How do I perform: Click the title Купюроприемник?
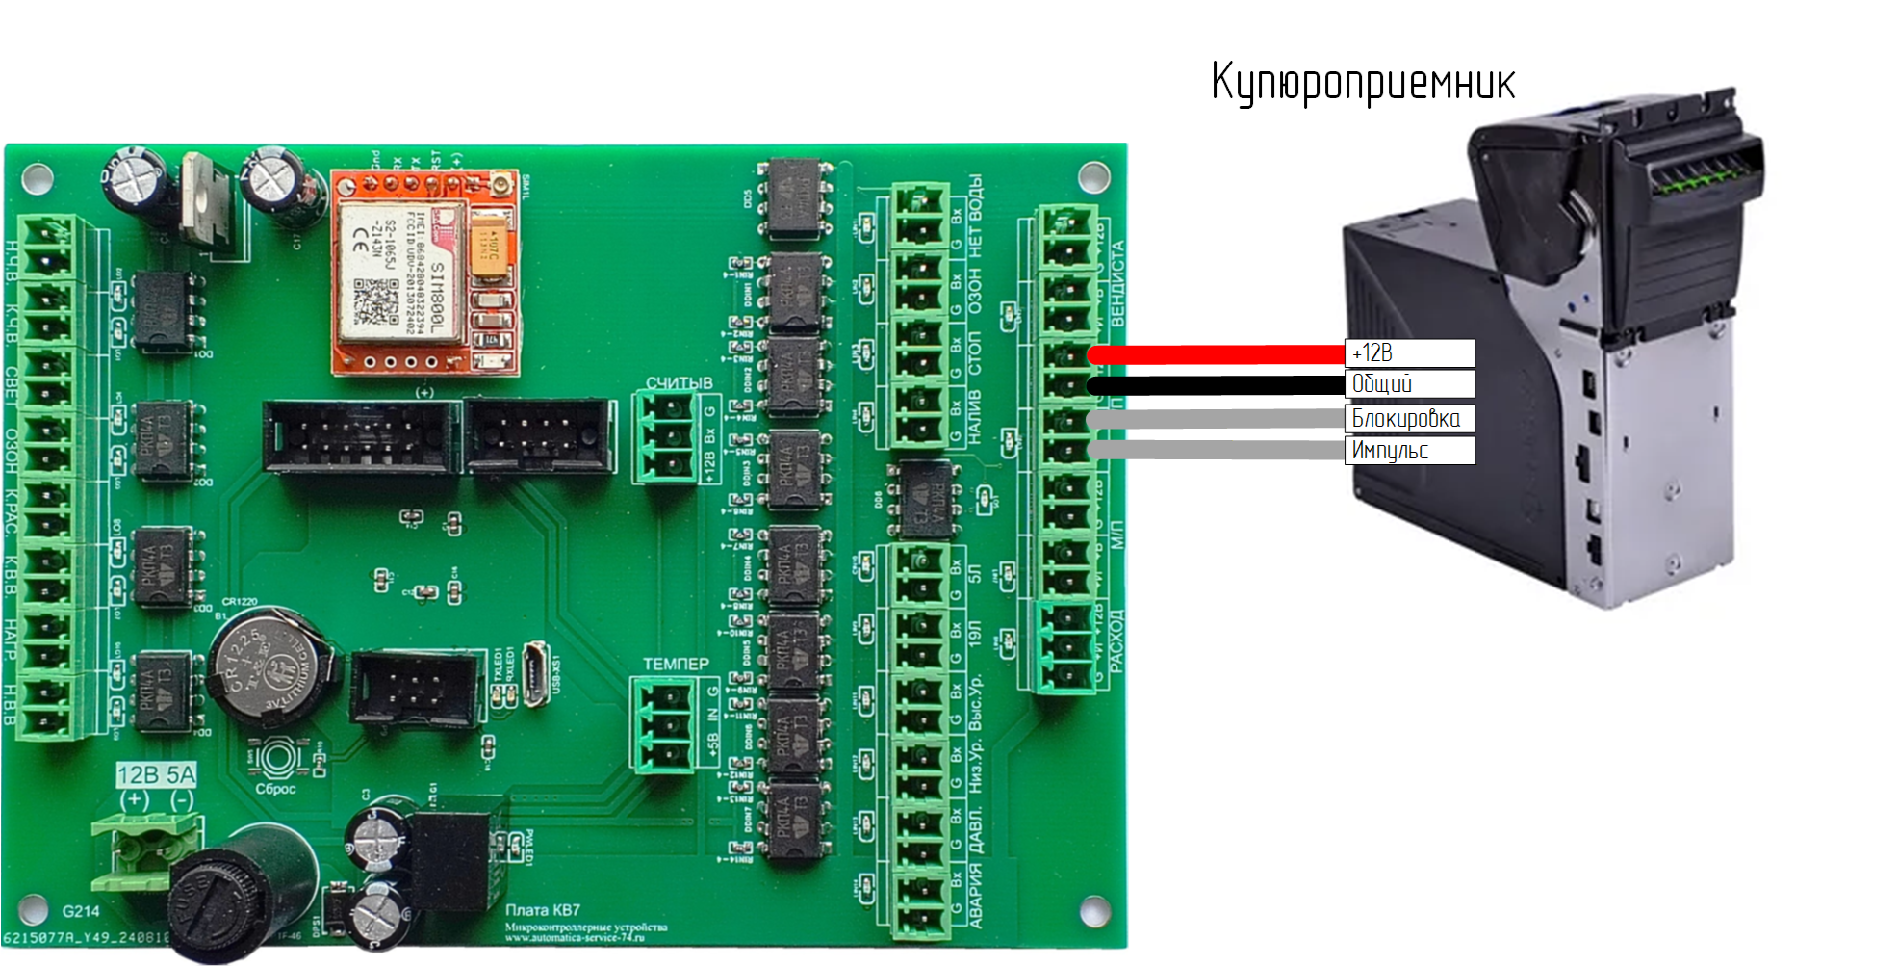pyautogui.click(x=1362, y=83)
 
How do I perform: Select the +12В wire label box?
pyautogui.click(x=1409, y=353)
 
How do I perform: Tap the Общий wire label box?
pyautogui.click(x=1409, y=384)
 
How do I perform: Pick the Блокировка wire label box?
pyautogui.click(x=1409, y=418)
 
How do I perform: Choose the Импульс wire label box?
pyautogui.click(x=1409, y=450)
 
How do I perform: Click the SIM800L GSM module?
pyautogui.click(x=423, y=273)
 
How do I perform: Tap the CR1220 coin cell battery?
pyautogui.click(x=269, y=666)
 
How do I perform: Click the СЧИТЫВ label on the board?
pyautogui.click(x=679, y=383)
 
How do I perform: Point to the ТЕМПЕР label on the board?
pyautogui.click(x=676, y=664)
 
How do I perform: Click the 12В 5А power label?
pyautogui.click(x=156, y=775)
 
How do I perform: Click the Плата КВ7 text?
pyautogui.click(x=543, y=910)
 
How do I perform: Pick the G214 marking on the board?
pyautogui.click(x=81, y=911)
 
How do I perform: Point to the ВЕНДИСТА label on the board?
pyautogui.click(x=1117, y=284)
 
